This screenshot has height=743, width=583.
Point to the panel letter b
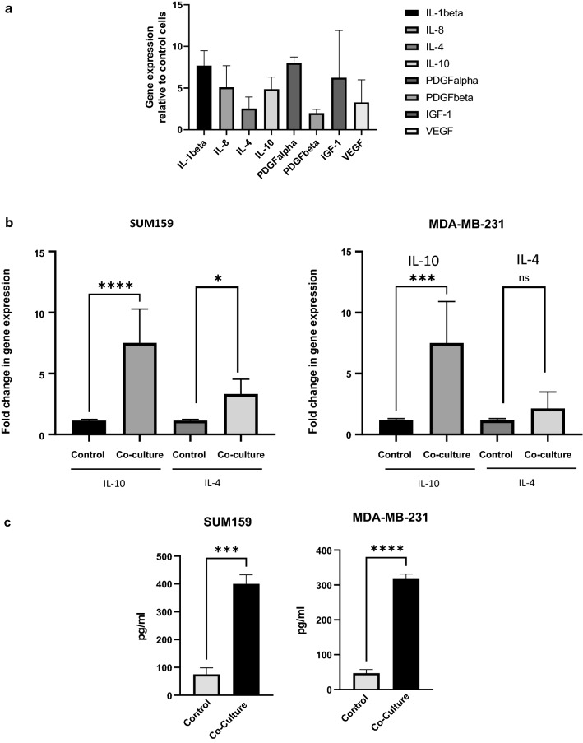[x=7, y=221]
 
